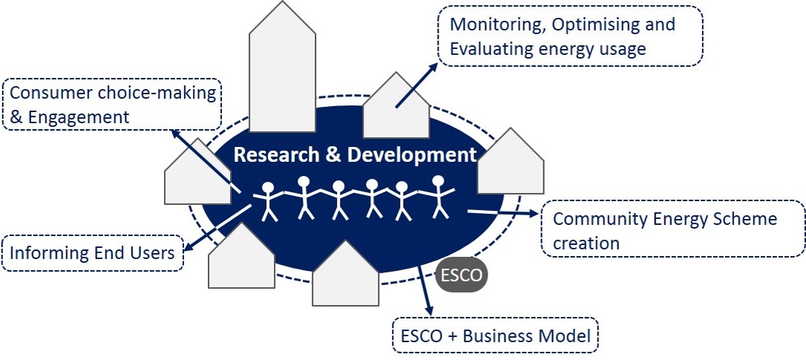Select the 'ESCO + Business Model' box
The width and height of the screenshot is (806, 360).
(x=494, y=336)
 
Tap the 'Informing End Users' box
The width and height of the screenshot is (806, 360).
(x=92, y=253)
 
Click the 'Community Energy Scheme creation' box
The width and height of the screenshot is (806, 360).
(x=674, y=230)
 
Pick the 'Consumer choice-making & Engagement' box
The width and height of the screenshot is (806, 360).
(x=112, y=105)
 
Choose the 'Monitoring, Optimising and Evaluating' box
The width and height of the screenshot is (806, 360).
(x=569, y=36)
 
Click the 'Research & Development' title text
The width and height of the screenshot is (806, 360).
(x=355, y=155)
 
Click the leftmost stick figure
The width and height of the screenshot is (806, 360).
(x=269, y=201)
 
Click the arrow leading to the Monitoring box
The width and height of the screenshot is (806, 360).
(x=417, y=85)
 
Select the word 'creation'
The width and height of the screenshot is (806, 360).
(x=586, y=243)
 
